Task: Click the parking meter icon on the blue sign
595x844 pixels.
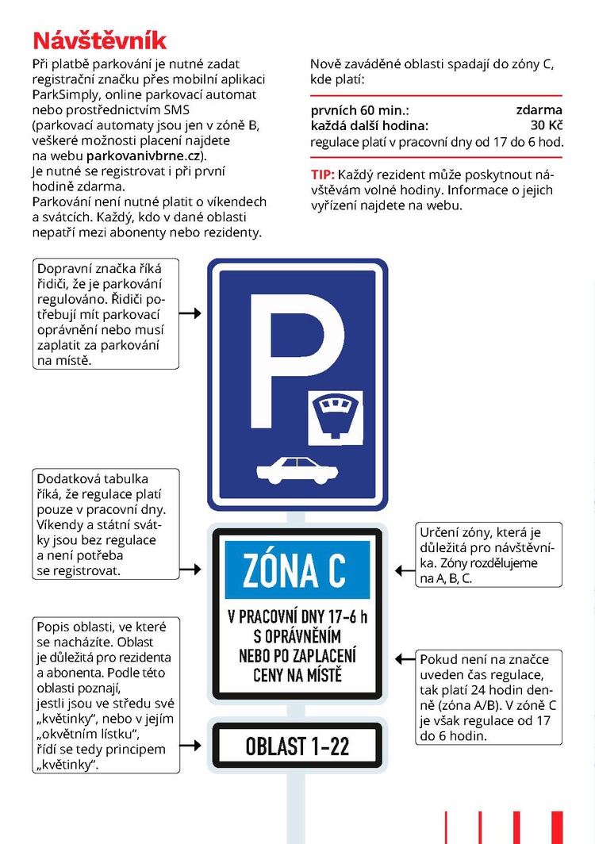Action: (x=336, y=413)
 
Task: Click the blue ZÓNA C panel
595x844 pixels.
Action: (x=297, y=570)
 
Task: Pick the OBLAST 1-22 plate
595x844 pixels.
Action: (x=297, y=745)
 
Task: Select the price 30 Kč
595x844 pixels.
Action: (x=547, y=125)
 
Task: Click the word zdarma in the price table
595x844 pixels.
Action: (x=539, y=110)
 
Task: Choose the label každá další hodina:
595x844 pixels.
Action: (x=369, y=125)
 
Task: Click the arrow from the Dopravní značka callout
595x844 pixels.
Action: (x=190, y=314)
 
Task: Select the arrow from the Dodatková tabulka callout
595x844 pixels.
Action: (x=190, y=569)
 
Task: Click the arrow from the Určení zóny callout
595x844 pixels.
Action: (x=405, y=569)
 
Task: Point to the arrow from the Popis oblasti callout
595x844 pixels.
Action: (x=190, y=745)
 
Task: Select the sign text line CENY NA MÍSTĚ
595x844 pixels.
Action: (x=297, y=677)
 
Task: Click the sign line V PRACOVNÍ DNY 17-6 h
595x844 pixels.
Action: (x=297, y=616)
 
